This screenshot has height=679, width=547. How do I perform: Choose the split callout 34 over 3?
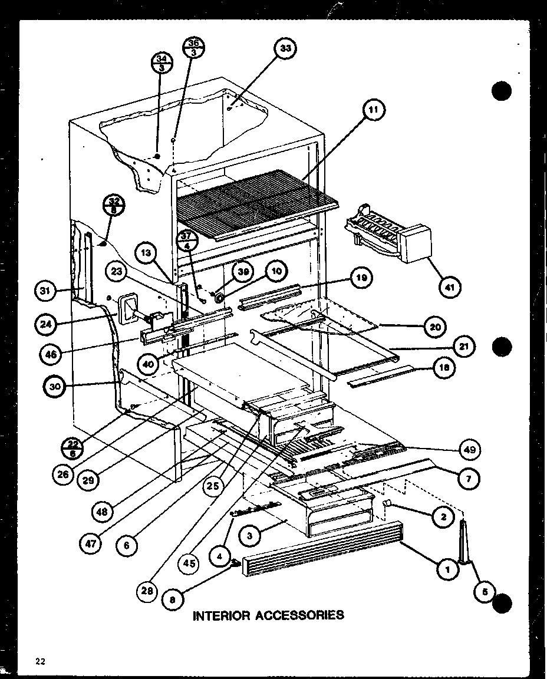[160, 62]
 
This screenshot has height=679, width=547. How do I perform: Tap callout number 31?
[46, 290]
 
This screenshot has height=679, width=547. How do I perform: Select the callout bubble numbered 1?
[447, 569]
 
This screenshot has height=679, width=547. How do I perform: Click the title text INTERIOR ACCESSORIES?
[268, 615]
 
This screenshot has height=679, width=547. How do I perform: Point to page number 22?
[40, 661]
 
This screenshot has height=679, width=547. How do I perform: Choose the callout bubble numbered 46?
[51, 354]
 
